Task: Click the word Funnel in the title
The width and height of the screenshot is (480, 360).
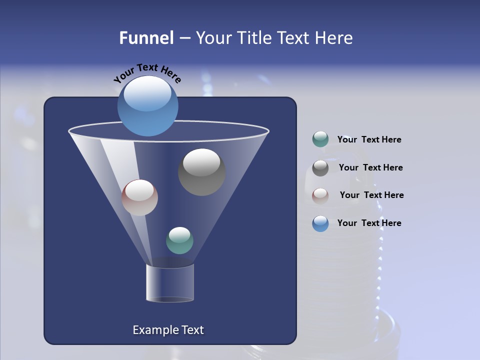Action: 146,38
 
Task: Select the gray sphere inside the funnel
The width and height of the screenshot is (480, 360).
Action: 201,172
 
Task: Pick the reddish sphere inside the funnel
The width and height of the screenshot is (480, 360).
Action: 139,197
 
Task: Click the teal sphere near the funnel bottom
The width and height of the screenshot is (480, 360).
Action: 179,240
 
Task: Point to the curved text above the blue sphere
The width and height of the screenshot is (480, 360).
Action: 147,72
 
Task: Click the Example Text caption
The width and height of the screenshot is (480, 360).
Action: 168,330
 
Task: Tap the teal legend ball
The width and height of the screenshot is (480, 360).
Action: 320,139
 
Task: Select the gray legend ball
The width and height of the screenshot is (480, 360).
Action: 320,167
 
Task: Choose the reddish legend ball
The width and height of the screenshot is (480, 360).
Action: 320,195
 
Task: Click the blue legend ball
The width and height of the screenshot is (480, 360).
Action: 320,223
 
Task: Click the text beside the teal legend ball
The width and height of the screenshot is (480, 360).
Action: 369,139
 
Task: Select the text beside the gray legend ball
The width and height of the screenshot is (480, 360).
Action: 370,167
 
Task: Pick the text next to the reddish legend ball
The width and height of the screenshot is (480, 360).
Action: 371,195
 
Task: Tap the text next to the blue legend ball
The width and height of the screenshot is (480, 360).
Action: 369,223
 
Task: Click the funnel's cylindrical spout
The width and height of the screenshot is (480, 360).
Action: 169,283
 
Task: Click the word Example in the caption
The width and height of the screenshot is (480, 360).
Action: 152,330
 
